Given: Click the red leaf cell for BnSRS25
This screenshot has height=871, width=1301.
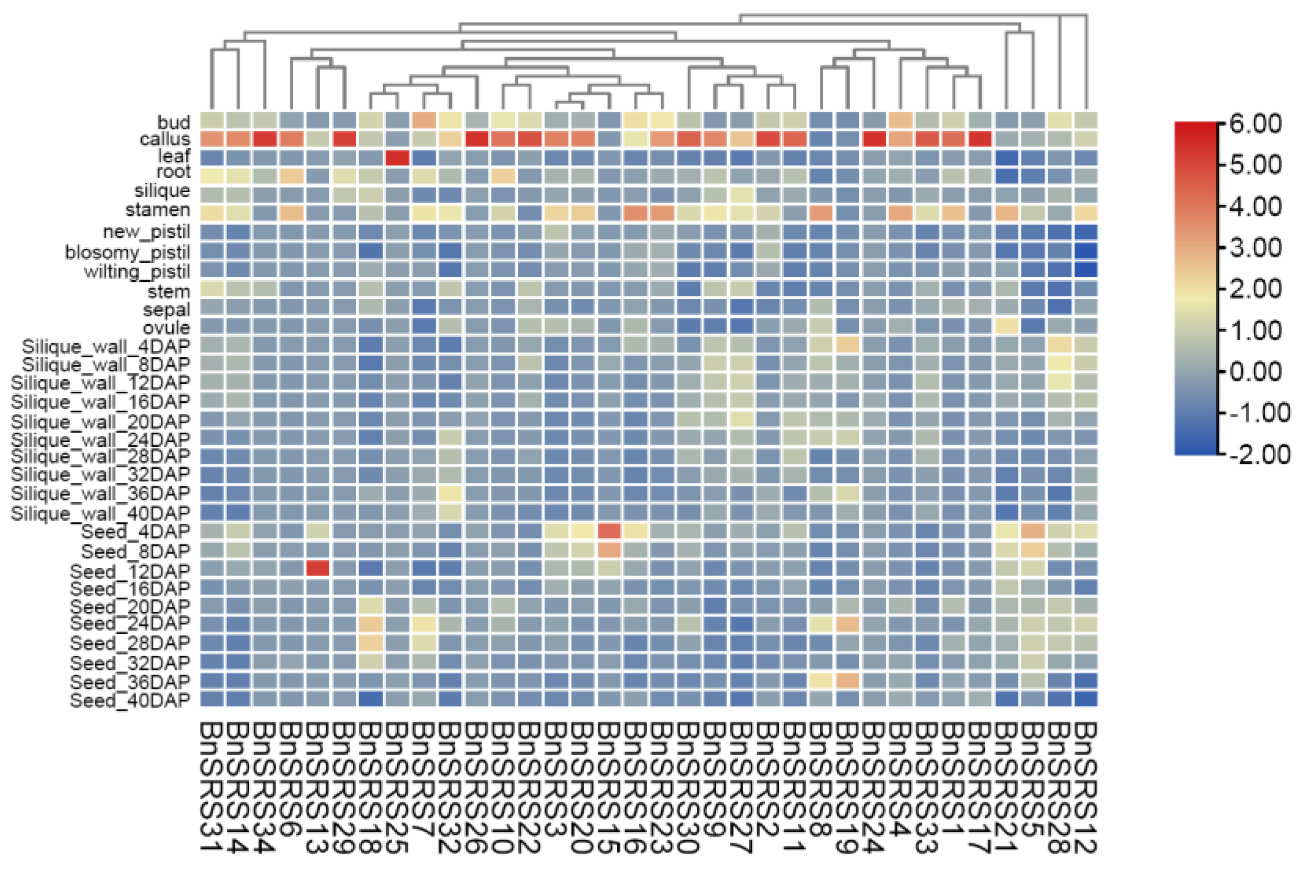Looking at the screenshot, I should tap(397, 158).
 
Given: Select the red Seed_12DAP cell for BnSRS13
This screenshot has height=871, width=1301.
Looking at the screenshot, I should tap(318, 568).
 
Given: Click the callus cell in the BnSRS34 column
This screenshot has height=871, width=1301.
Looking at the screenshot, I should tap(265, 139).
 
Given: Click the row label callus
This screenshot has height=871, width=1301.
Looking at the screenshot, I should tap(164, 139).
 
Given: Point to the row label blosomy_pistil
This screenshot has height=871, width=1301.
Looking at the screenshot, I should tap(127, 252).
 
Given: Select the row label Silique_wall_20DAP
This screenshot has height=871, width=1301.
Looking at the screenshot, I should tap(101, 421).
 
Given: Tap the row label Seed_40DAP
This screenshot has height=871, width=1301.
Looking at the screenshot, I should tap(130, 700).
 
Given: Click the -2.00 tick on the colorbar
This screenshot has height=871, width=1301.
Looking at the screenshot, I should tap(1259, 455).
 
